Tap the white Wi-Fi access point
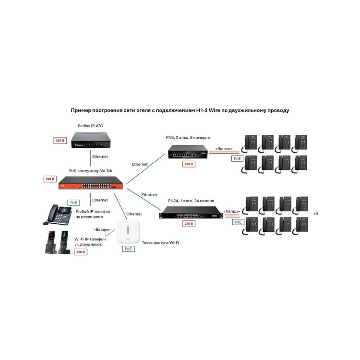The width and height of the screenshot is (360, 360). pyautogui.click(x=128, y=233)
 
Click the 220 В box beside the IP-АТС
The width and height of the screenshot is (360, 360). pyautogui.click(x=60, y=141)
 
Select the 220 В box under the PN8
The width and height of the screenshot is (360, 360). pyautogui.click(x=188, y=164)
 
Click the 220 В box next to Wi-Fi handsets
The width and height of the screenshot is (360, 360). pyautogui.click(x=81, y=252)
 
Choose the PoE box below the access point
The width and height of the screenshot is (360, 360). pyautogui.click(x=128, y=249)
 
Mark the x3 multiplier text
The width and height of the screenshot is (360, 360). pyautogui.click(x=316, y=213)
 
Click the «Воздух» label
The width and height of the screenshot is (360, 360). pyautogui.click(x=104, y=229)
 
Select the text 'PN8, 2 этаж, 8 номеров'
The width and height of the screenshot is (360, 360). pyautogui.click(x=188, y=138)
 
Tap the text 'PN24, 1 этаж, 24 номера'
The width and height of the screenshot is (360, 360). pyautogui.click(x=191, y=200)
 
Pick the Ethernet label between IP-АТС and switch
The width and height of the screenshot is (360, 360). pyautogui.click(x=100, y=156)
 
